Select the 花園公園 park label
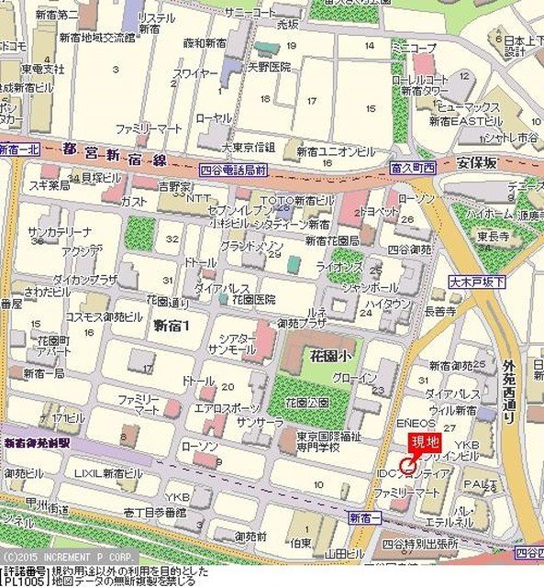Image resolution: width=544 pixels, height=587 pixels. pyautogui.click(x=307, y=401)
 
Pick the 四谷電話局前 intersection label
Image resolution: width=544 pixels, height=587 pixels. pyautogui.click(x=233, y=171)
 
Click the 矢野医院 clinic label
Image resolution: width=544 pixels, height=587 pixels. pyautogui.click(x=268, y=67)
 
